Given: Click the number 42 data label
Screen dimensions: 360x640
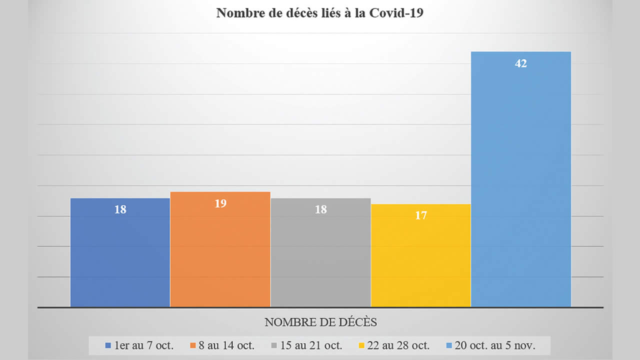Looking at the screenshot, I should [x=521, y=63].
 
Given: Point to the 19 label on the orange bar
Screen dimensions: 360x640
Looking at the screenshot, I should [x=220, y=203].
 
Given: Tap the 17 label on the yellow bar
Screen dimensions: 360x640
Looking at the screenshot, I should [x=421, y=215].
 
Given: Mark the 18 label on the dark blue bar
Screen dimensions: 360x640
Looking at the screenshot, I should [x=120, y=209].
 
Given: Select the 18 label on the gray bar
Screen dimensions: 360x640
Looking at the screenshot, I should [x=321, y=209].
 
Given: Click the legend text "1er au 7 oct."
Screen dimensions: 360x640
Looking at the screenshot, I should [x=143, y=345].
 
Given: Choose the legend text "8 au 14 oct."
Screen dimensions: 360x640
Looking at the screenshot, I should [x=226, y=345].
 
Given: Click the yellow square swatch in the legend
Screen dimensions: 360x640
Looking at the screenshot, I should [x=362, y=345].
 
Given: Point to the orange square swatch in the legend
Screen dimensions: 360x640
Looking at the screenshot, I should [x=192, y=345].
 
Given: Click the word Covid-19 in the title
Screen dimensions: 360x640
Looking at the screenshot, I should [x=395, y=13].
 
